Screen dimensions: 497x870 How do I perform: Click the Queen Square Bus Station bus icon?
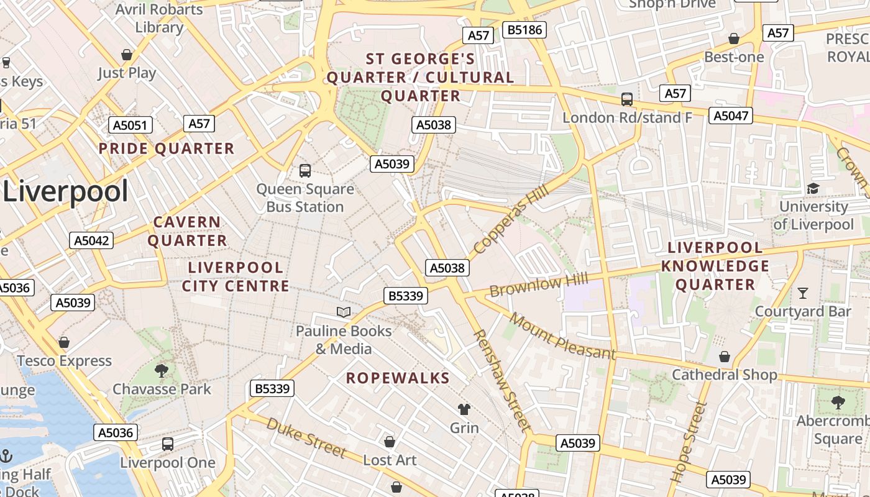305,170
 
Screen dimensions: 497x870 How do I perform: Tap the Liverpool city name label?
65,191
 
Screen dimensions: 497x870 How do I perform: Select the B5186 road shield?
524,29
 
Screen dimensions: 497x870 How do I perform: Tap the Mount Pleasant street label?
562,336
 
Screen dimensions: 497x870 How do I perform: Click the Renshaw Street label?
502,380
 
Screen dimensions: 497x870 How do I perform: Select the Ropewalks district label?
398,378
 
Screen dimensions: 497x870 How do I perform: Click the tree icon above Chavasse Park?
162,371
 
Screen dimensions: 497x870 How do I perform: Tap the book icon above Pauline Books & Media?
344,312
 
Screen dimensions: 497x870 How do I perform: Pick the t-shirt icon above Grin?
464,409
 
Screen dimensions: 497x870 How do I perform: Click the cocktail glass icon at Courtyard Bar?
803,292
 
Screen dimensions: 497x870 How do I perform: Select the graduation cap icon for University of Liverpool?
813,188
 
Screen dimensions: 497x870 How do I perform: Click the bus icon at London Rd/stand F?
627,99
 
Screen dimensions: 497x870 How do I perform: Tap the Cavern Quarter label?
187,231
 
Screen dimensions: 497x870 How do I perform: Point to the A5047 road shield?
731,116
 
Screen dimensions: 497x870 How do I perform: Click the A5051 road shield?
131,125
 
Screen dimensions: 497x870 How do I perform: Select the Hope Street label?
689,442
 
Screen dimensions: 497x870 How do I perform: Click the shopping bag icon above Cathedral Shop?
725,357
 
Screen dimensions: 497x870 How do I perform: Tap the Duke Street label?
305,437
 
